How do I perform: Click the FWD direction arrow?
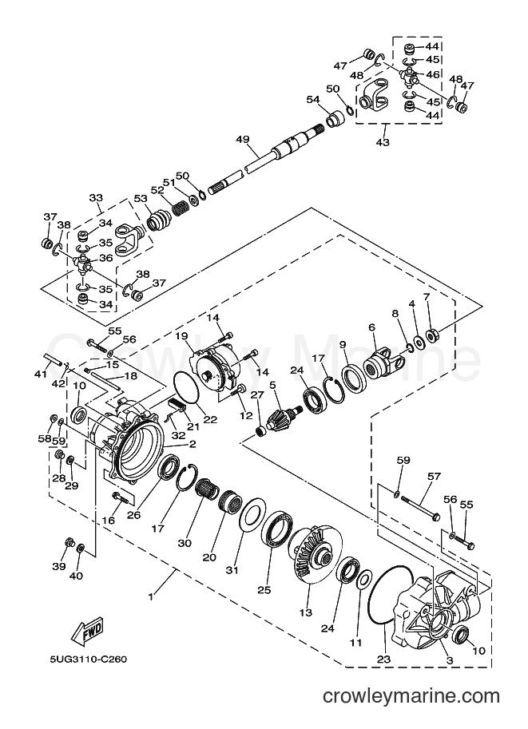(86, 631)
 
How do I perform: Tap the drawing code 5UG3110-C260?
(89, 660)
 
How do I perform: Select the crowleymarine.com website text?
(411, 696)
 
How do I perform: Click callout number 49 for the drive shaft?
(242, 139)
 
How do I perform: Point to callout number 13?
(306, 612)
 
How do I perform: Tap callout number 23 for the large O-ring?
(384, 659)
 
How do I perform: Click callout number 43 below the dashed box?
(383, 142)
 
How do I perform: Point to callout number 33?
(96, 197)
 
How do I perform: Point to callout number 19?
(181, 335)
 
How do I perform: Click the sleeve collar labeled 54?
(335, 118)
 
